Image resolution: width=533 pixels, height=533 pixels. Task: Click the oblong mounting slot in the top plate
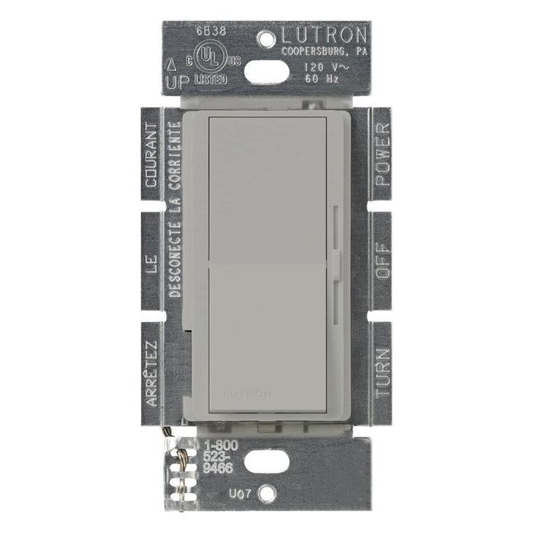(x=266, y=72)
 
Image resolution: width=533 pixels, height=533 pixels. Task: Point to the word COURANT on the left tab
(x=152, y=156)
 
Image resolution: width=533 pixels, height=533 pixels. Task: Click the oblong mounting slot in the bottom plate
(x=266, y=460)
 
